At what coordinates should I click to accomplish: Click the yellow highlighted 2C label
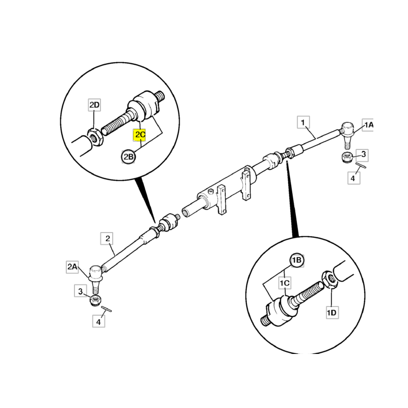(x=139, y=135)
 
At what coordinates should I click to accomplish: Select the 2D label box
(x=94, y=105)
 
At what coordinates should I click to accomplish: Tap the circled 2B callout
(x=129, y=157)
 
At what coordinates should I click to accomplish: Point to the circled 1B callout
(x=297, y=260)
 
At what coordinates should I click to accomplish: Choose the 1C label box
(x=285, y=283)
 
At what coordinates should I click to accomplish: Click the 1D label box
(x=332, y=312)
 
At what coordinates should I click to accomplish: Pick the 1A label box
(x=368, y=125)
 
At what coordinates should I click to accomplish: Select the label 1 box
(x=303, y=122)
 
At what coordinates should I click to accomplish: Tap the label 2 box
(x=107, y=238)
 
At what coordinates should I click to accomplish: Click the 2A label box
(x=72, y=266)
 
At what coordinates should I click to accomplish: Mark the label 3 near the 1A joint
(x=363, y=155)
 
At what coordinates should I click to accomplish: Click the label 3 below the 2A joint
(x=81, y=291)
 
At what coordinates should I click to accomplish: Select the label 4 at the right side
(x=353, y=178)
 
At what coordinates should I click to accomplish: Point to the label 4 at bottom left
(x=98, y=322)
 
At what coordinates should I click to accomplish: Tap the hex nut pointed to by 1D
(x=330, y=279)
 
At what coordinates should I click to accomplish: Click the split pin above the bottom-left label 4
(x=107, y=309)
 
